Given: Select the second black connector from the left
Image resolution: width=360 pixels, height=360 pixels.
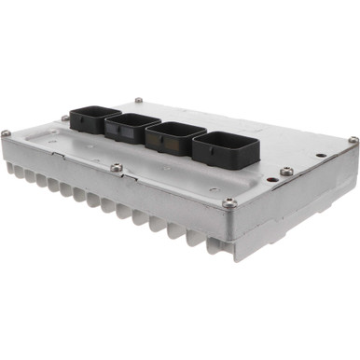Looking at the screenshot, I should click(x=131, y=126).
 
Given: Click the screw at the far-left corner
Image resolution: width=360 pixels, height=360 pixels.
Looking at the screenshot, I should click(x=7, y=134).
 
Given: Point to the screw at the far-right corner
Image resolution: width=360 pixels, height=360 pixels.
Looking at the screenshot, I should click(x=353, y=140).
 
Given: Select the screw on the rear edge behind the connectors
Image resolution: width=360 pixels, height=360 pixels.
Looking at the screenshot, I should click(x=139, y=100).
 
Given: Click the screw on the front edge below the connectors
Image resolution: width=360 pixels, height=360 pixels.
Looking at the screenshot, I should click(x=116, y=168).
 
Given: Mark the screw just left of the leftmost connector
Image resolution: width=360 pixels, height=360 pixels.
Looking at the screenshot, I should click(x=65, y=118).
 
